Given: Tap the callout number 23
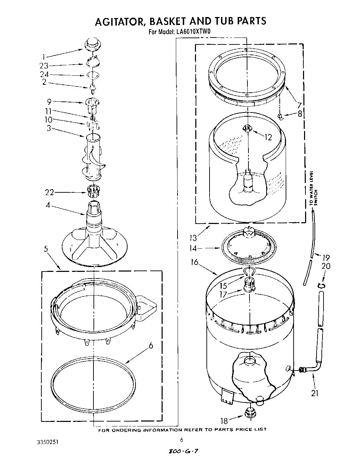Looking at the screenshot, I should coord(43,66).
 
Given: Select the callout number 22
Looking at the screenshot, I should coord(49,192).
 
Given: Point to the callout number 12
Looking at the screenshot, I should coord(268,137).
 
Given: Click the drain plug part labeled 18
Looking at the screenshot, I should coord(249,413).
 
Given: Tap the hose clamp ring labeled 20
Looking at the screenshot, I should coord(322,285).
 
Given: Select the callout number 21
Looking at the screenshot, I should coord(315,393).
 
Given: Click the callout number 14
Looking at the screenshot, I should coord(193,248).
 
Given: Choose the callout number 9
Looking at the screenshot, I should coord(49,102).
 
